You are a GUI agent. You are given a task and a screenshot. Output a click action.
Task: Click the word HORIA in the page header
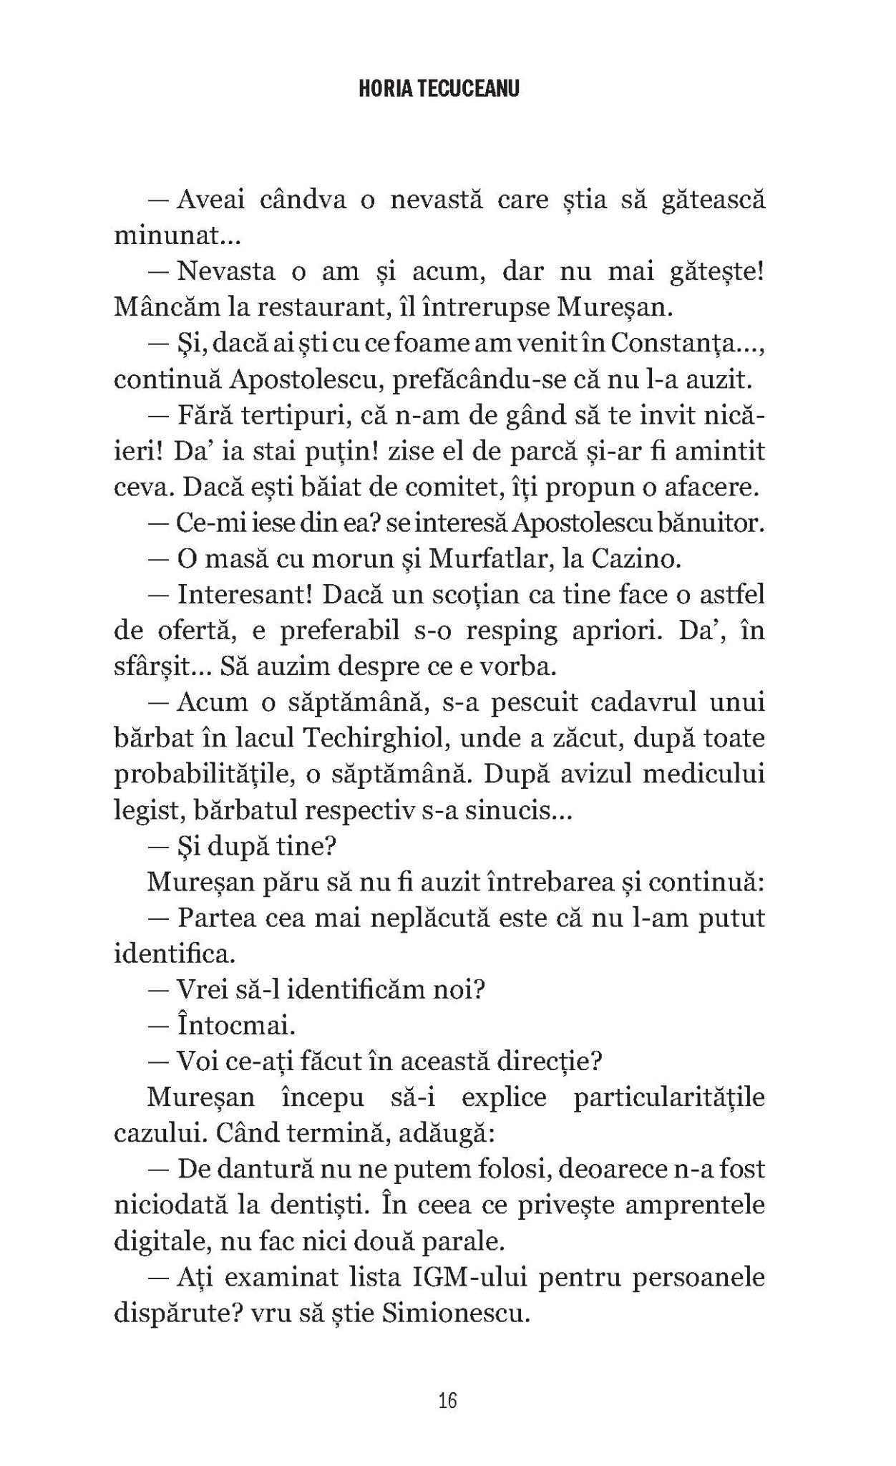(x=381, y=88)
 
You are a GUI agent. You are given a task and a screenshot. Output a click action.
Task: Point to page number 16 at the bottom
(x=447, y=1400)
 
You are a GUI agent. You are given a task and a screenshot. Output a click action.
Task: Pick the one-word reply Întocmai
(x=235, y=1026)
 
